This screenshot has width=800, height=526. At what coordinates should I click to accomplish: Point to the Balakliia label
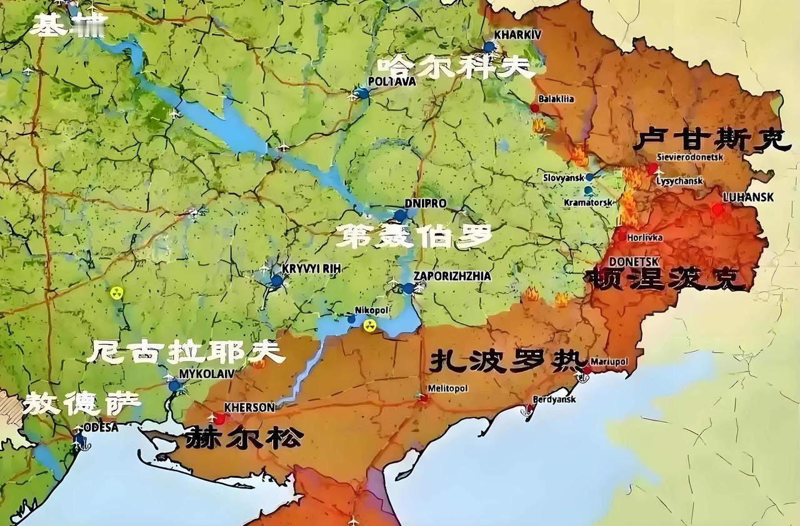click(x=556, y=99)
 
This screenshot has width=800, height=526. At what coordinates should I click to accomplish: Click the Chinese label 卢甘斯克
click(x=703, y=141)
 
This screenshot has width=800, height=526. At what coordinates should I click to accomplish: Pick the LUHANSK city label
click(x=747, y=197)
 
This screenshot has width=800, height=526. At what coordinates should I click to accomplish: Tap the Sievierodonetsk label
click(x=690, y=157)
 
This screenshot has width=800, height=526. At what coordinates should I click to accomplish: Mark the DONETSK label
click(x=633, y=262)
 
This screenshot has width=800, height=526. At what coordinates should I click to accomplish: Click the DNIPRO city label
click(x=425, y=204)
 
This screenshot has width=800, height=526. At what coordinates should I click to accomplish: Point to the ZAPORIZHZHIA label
click(x=452, y=276)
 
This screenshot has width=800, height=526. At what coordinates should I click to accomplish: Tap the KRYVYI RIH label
click(x=310, y=268)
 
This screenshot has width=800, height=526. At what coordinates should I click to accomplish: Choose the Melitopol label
click(x=447, y=389)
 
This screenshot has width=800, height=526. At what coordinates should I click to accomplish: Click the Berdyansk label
click(x=554, y=400)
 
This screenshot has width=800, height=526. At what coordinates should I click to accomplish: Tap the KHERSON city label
click(x=249, y=407)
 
